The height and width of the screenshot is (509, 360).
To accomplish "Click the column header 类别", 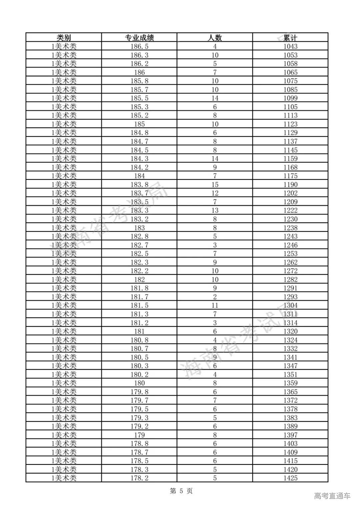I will [x=64, y=38].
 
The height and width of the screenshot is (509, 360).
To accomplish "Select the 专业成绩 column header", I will [x=139, y=38].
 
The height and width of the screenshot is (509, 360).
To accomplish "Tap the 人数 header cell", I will [x=215, y=38].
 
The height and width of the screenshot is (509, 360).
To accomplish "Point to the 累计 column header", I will [x=290, y=38].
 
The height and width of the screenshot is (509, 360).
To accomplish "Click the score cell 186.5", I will [x=139, y=47].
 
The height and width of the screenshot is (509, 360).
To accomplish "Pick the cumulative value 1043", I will [x=290, y=47].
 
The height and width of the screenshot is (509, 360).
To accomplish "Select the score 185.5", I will [x=139, y=98].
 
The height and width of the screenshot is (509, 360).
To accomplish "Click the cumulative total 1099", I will [x=290, y=98].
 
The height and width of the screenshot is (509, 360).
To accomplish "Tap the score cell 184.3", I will [x=139, y=159].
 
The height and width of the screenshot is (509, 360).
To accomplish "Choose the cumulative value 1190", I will [x=290, y=185].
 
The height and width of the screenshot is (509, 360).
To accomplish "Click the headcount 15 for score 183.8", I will [x=215, y=185].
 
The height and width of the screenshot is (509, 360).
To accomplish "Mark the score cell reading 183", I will [x=139, y=228].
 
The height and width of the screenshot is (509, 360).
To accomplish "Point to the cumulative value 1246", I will [x=290, y=245].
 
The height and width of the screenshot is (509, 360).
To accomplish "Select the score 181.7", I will [x=139, y=297].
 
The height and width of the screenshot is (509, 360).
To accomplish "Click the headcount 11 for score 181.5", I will [x=215, y=305].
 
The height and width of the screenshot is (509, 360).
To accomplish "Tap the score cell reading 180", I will [x=139, y=383].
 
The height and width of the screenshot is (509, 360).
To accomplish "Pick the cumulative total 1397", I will [x=290, y=435].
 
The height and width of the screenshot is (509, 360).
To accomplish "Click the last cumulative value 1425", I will [x=290, y=478].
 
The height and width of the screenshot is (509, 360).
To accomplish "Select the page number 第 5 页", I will [x=181, y=491].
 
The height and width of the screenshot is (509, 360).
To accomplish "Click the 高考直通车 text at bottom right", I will [x=332, y=496].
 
